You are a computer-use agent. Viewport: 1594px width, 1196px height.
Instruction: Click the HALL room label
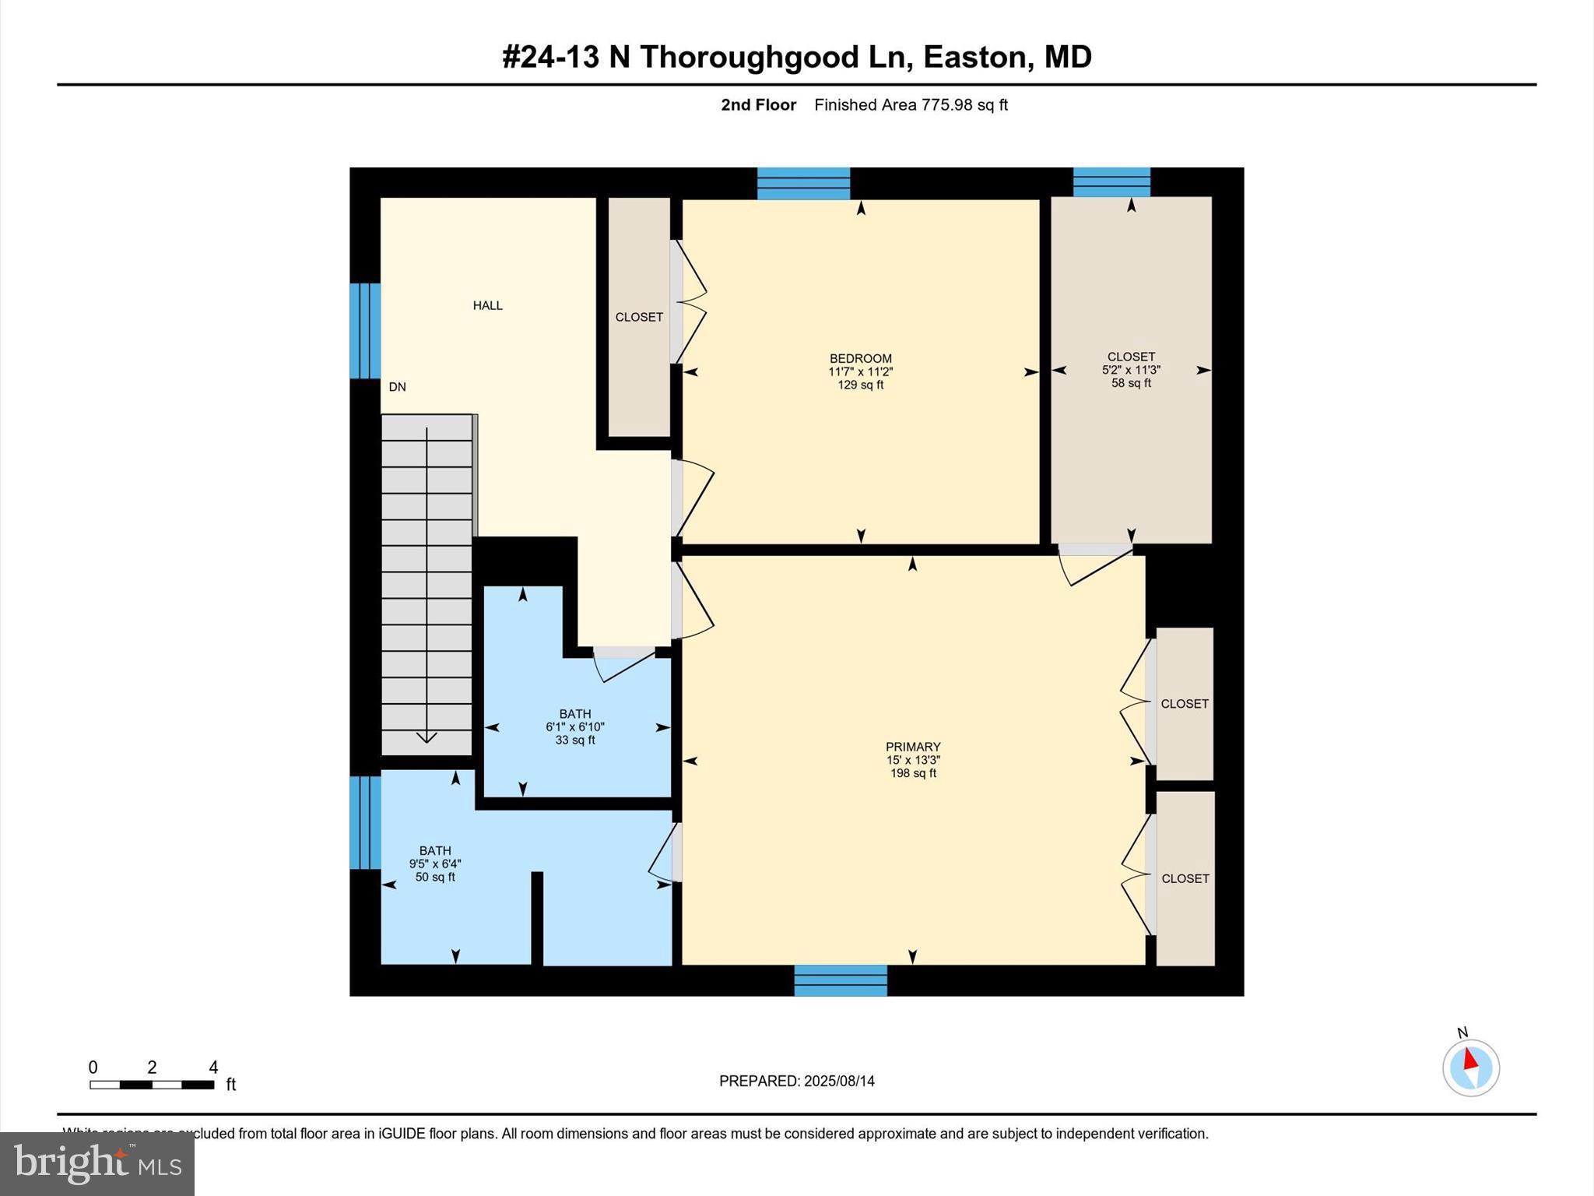tap(487, 306)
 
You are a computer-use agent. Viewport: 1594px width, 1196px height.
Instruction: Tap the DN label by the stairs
tap(397, 387)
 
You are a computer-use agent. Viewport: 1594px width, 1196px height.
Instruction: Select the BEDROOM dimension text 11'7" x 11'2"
tap(860, 372)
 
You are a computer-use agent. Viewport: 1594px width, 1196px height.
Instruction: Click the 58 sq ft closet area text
tap(1131, 383)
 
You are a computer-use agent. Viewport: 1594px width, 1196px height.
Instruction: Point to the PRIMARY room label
tap(913, 747)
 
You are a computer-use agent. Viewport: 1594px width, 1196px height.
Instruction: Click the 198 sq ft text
tap(913, 773)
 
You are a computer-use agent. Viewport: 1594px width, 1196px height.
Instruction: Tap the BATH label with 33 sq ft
tap(574, 714)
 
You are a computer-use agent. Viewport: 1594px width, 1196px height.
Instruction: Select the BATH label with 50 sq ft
tap(434, 851)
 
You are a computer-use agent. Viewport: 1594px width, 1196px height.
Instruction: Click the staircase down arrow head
tap(427, 737)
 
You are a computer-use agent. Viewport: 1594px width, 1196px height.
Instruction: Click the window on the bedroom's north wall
tap(803, 184)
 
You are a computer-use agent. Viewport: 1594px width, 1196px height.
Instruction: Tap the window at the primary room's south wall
tap(841, 980)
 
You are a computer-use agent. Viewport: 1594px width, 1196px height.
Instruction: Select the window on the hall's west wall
tap(364, 331)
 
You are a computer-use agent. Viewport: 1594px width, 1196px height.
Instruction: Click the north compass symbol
tap(1470, 1068)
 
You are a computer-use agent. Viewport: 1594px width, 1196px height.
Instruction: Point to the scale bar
tap(152, 1085)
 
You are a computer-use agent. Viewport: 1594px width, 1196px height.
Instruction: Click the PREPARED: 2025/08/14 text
tap(796, 1081)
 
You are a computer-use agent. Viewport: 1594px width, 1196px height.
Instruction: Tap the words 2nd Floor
tap(758, 105)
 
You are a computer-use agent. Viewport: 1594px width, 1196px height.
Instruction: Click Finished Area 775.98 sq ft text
tap(911, 105)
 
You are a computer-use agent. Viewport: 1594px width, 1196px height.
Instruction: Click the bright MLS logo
tap(97, 1163)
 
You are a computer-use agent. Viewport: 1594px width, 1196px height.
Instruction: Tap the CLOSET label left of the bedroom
tap(639, 317)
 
